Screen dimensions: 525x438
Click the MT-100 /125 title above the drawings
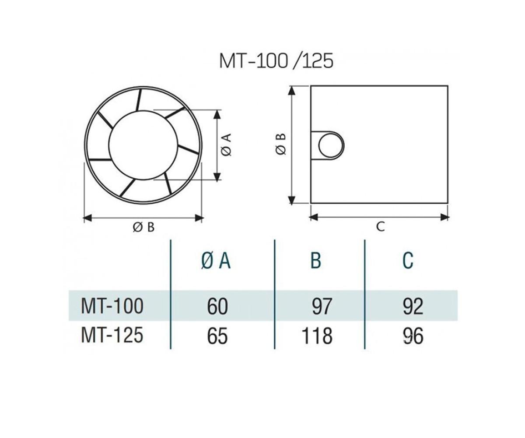[x=276, y=61]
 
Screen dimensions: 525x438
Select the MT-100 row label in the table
[x=112, y=306]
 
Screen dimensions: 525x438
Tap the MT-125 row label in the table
[x=112, y=335]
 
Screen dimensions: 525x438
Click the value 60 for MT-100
[x=217, y=306]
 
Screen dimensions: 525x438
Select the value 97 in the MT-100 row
[x=322, y=306]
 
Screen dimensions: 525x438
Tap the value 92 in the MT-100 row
[x=413, y=306]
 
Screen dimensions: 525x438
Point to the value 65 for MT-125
[x=217, y=336]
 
